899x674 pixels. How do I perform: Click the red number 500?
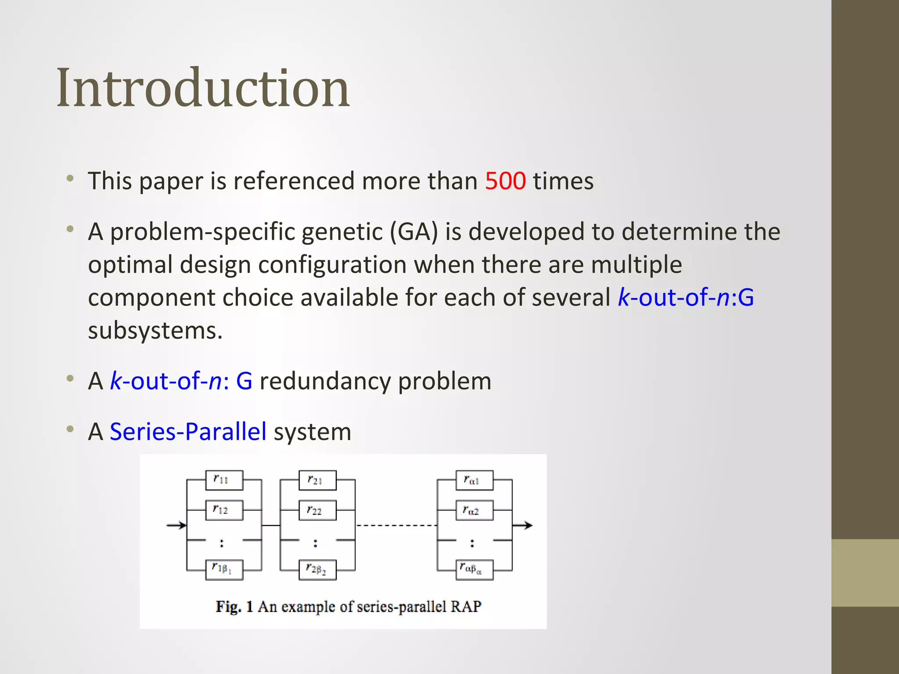coord(505,181)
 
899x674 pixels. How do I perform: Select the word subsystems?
coord(155,331)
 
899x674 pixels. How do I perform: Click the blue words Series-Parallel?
coord(188,432)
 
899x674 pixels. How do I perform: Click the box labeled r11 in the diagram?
coord(224,480)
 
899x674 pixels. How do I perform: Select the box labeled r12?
coord(224,510)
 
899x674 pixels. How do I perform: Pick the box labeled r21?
coord(317,480)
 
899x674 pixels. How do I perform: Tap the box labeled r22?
coord(317,510)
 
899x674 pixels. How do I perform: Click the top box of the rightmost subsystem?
coord(475,480)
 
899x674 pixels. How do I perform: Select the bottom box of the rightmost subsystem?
coord(475,570)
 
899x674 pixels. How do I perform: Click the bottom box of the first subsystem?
coord(224,570)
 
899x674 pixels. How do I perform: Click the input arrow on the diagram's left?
coord(176,525)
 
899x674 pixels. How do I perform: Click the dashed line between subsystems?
coord(396,525)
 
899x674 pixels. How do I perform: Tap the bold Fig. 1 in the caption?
coord(234,607)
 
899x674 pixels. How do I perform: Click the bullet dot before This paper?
coord(70,179)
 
